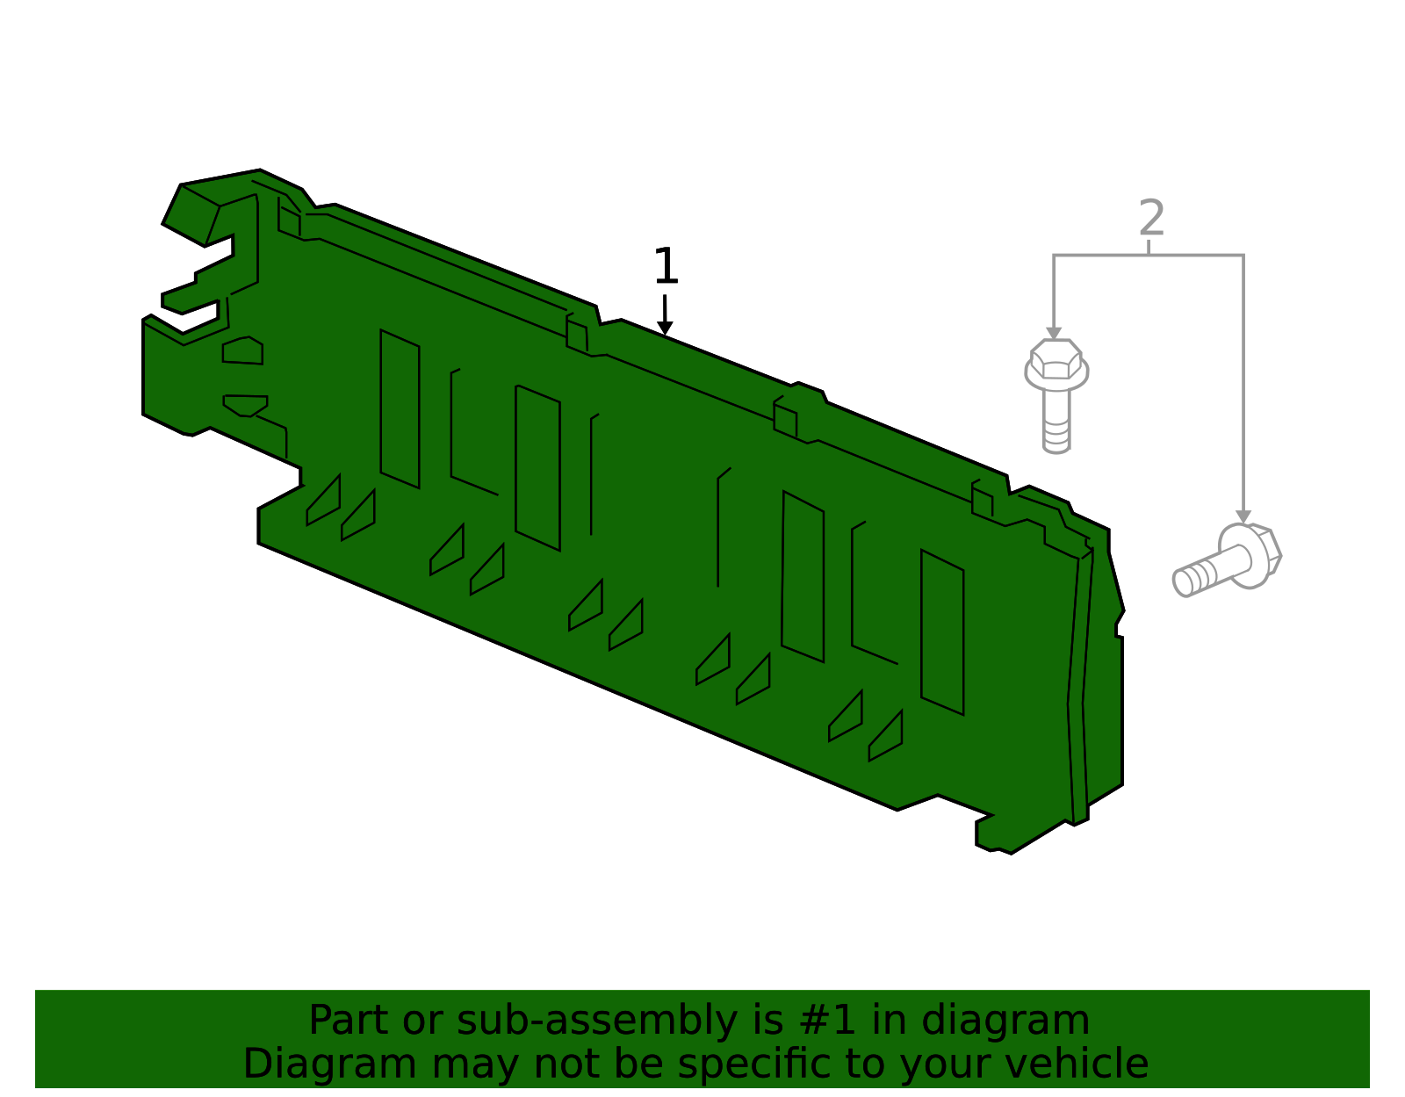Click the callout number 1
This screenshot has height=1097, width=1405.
coord(666,265)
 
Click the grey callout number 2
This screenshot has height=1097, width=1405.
coord(1151,218)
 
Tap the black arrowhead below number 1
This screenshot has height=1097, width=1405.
coord(665,328)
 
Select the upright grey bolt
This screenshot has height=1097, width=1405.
coord(1056,395)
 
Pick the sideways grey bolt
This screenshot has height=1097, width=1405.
coord(1227,559)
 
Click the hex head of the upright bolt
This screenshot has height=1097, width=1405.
coord(1056,359)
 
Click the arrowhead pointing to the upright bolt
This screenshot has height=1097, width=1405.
coord(1054,334)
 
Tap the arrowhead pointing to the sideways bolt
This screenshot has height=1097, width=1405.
coord(1243,516)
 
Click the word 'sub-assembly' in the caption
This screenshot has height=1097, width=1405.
coord(597,1020)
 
